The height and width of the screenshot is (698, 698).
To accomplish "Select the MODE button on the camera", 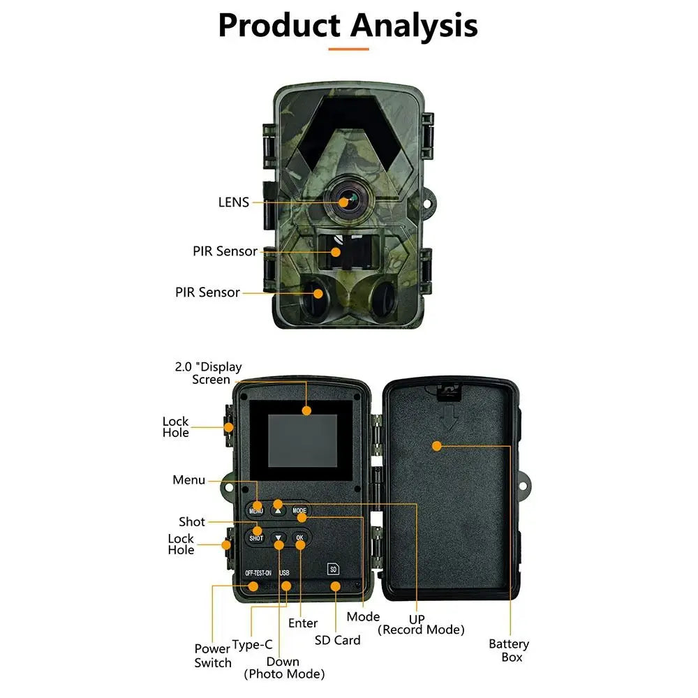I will coord(299,511).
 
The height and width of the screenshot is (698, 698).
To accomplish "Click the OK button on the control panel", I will coord(299,537).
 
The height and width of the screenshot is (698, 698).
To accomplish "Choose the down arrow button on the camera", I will coord(279,538).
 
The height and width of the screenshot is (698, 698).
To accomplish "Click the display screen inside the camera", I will coord(302,440).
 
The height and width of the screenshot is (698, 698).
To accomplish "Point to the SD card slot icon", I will coord(333,568).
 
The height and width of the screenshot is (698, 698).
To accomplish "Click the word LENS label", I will coord(233,202).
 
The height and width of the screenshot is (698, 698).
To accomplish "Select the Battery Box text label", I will coord(509,650).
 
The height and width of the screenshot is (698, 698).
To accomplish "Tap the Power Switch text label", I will coord(213,655).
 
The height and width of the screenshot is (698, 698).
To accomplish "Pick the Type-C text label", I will coord(252,644).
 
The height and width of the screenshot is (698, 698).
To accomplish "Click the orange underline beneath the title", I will coord(348,50).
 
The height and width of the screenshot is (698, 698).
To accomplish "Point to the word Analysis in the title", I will coord(414,26).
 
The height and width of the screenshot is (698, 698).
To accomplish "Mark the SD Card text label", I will coord(337,640).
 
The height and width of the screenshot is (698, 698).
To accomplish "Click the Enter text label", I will coord(303,623).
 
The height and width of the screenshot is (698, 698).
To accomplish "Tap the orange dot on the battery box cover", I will coord(437,445).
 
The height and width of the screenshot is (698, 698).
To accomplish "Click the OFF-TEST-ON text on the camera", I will coord(258,572).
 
